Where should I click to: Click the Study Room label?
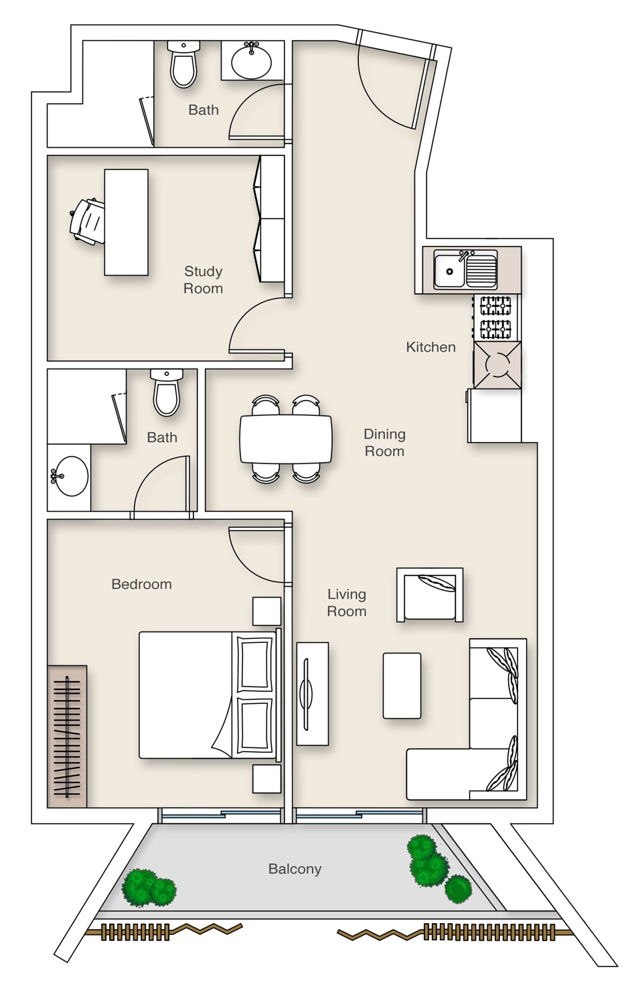203,279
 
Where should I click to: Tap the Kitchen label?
430,346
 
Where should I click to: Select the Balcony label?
295,869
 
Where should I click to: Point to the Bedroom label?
141,583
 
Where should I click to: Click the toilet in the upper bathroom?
183,64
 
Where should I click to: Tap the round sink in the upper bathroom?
252,60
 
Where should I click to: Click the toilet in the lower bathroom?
166,393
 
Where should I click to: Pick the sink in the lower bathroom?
70,476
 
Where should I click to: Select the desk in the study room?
126,222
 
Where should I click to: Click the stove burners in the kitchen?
496,317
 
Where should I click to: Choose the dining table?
286,439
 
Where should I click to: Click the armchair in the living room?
429,594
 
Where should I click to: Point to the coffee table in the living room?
402,685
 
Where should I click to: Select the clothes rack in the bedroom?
67,735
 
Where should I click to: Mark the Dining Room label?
384,443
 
